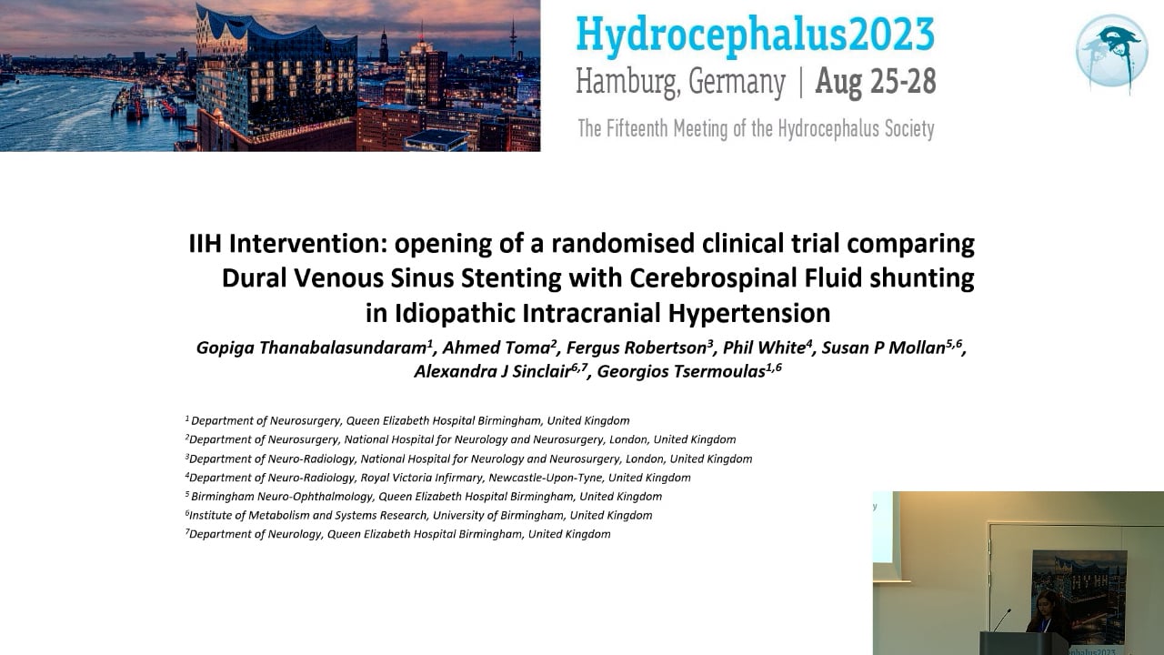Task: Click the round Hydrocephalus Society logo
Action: pos(1111,52)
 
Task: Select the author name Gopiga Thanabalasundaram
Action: pos(311,348)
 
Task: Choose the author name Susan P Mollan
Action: pos(883,348)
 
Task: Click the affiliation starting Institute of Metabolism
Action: pos(419,515)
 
